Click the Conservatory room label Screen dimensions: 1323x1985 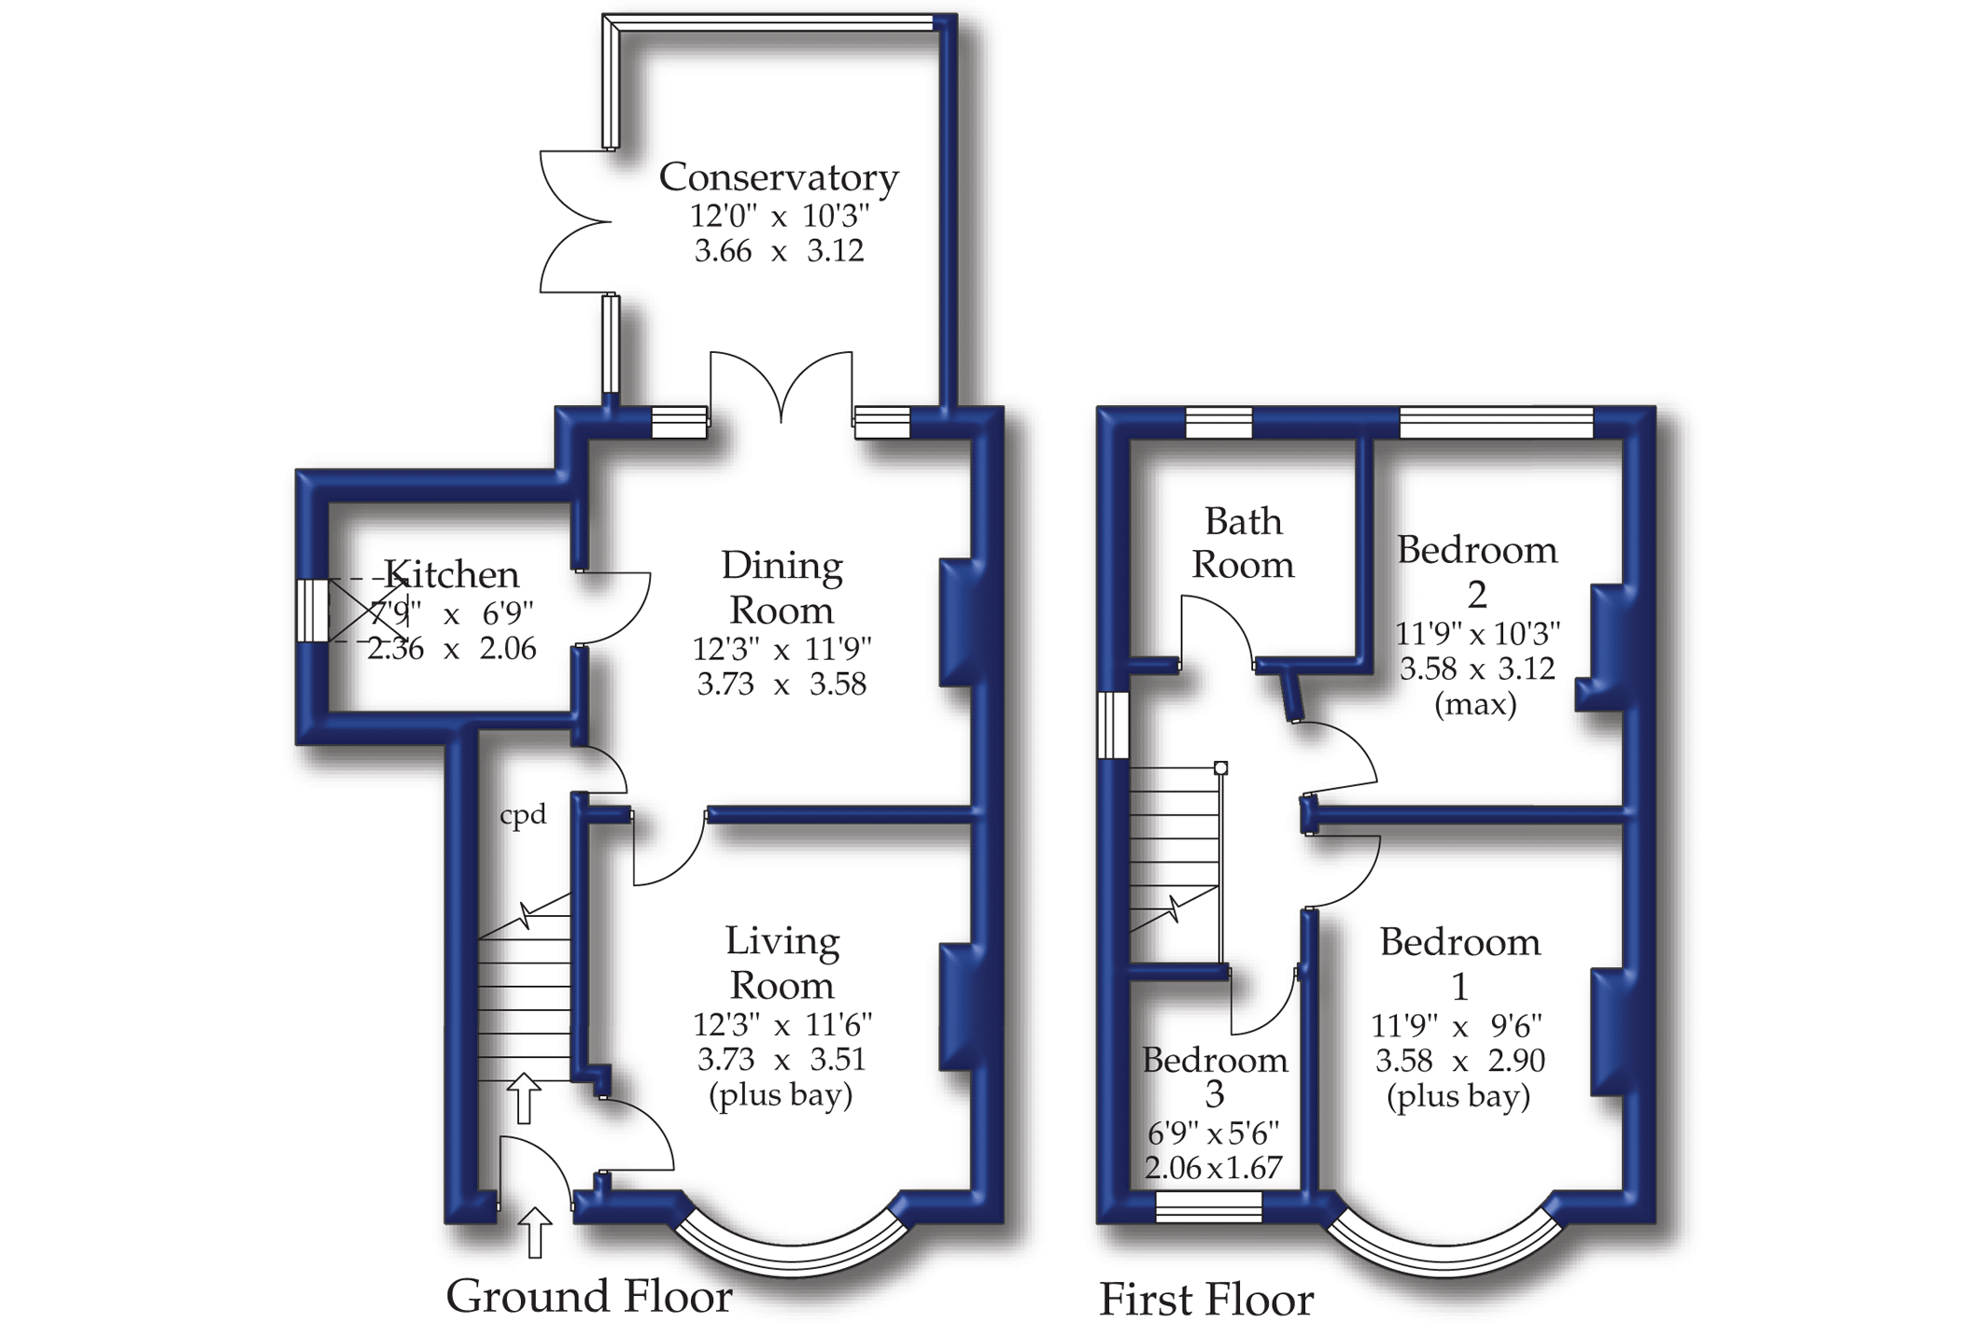(779, 177)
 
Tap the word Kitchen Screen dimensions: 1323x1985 (452, 574)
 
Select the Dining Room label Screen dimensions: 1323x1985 (781, 588)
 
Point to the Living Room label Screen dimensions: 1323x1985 (781, 964)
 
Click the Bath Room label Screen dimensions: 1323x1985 (1243, 543)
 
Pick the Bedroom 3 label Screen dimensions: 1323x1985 (1214, 1077)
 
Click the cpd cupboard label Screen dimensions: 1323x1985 (523, 815)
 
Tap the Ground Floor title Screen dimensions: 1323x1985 (588, 1296)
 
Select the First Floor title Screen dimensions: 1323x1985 (1205, 1299)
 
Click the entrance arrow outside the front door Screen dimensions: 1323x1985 (535, 1232)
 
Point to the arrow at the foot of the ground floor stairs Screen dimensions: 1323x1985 (524, 1098)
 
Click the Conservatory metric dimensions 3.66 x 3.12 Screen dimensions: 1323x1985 (779, 251)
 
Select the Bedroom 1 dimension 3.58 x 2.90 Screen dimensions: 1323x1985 (1459, 1061)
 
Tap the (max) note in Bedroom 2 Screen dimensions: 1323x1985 (1475, 704)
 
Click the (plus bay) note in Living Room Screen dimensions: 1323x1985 (781, 1094)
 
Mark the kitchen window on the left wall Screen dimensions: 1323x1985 (312, 611)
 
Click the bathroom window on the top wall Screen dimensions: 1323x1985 (1218, 422)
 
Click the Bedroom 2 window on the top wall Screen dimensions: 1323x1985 (1497, 422)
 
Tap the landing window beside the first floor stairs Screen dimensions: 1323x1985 (1114, 725)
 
